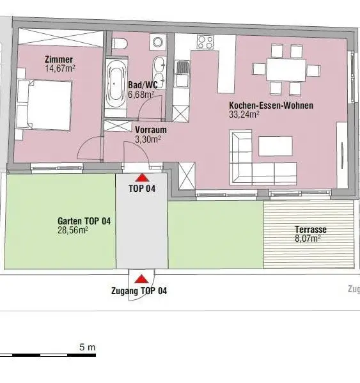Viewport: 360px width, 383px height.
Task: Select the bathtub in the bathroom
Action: pyautogui.click(x=116, y=84)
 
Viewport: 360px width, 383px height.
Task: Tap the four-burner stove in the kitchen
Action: pyautogui.click(x=205, y=43)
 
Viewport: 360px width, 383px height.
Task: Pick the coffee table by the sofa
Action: pyautogui.click(x=276, y=146)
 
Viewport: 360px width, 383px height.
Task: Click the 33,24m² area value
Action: pyautogui.click(x=244, y=115)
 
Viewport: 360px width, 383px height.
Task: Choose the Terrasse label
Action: pyautogui.click(x=310, y=229)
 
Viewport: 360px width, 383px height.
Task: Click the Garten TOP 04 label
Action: pyautogui.click(x=84, y=221)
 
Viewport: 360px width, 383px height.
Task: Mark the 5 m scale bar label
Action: pyautogui.click(x=88, y=347)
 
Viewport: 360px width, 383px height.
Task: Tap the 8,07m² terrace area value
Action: pyautogui.click(x=308, y=238)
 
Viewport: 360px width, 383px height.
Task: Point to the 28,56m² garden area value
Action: pyautogui.click(x=72, y=231)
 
